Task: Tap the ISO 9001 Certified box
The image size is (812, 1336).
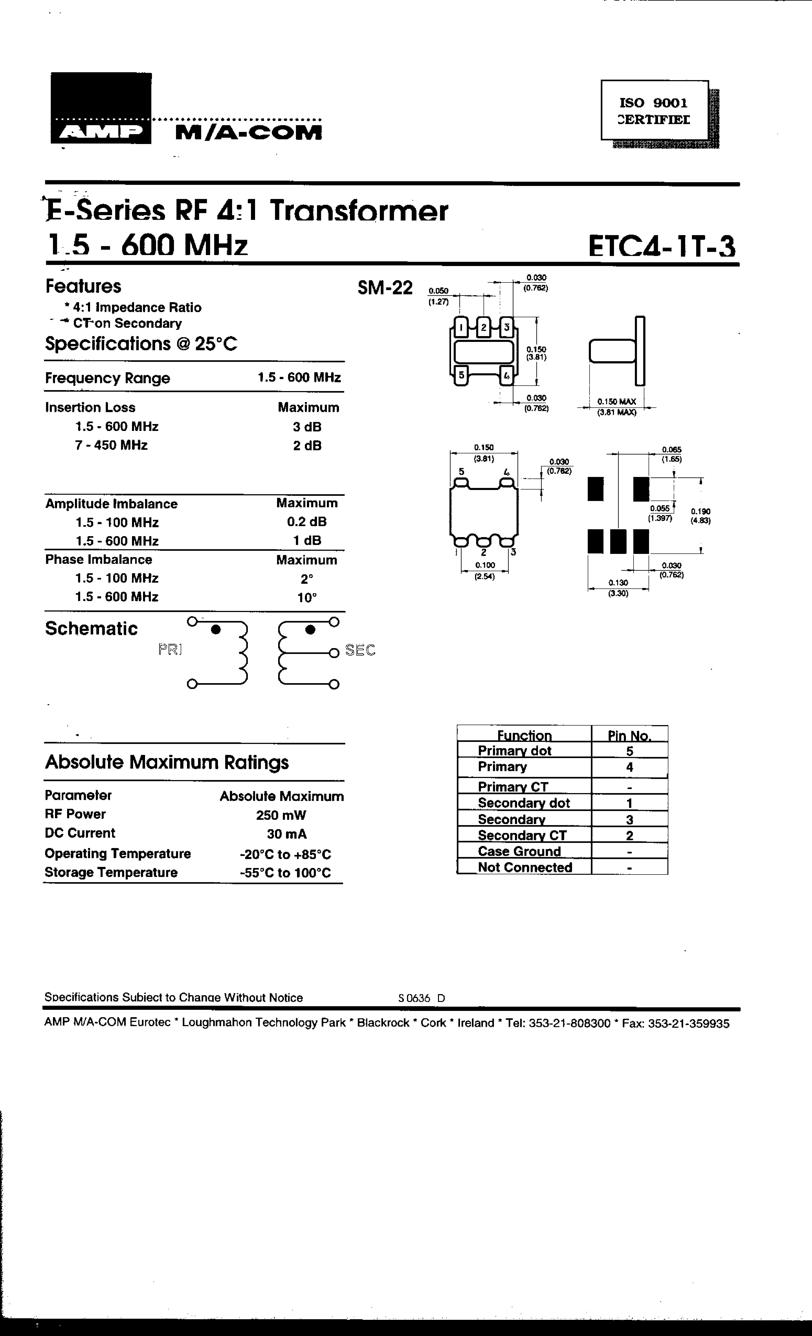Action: pyautogui.click(x=654, y=111)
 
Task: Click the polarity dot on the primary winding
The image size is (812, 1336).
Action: pyautogui.click(x=215, y=629)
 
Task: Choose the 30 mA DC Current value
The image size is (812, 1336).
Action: pyautogui.click(x=286, y=834)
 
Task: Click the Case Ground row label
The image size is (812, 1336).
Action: pyautogui.click(x=519, y=851)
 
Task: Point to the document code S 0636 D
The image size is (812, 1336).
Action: pyautogui.click(x=421, y=998)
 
